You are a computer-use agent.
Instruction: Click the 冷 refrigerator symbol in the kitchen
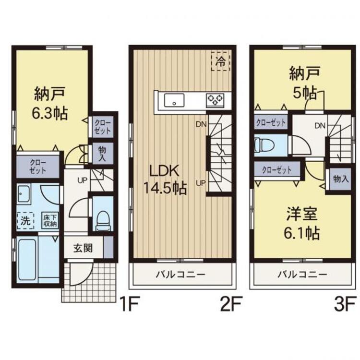tap(221, 61)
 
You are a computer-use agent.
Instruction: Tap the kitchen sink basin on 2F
tap(174, 100)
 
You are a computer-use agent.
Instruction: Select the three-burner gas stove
tap(215, 100)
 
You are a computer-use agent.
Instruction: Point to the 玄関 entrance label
tap(83, 248)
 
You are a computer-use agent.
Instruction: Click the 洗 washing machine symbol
tap(25, 221)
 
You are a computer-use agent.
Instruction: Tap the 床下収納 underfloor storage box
tap(50, 221)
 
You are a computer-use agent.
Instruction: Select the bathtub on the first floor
tap(27, 260)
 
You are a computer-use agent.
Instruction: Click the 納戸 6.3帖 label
tap(50, 104)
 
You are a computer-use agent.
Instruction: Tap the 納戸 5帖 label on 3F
tap(304, 83)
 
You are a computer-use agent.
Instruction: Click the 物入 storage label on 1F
tap(102, 154)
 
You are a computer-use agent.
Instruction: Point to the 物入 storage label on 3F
tap(341, 179)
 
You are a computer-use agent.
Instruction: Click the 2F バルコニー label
tap(180, 275)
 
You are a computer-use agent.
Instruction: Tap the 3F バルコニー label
tap(302, 275)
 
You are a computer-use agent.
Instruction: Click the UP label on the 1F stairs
tap(82, 180)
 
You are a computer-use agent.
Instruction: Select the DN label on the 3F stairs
tap(320, 126)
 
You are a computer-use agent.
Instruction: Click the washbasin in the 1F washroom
tap(24, 194)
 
